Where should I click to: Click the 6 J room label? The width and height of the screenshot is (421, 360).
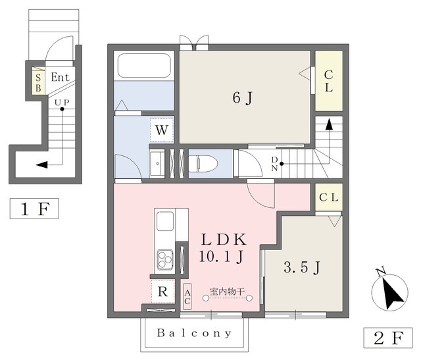click(243, 98)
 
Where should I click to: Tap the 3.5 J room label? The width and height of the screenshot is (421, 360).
click(302, 267)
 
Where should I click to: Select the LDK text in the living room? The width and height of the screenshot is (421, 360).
click(224, 240)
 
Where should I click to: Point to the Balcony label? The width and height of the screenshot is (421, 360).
click(194, 333)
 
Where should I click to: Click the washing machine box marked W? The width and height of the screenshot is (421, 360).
click(162, 130)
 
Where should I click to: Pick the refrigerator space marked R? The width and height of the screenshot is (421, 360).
click(162, 291)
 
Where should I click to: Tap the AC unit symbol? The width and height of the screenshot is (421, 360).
click(187, 297)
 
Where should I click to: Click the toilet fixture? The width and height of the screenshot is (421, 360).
click(203, 163)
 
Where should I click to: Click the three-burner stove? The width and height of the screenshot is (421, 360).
click(165, 259)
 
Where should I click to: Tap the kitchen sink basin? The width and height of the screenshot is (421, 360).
click(165, 221)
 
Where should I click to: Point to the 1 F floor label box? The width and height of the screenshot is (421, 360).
click(34, 209)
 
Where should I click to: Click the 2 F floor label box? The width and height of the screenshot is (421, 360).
click(388, 338)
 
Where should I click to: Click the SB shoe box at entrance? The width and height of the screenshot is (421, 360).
click(38, 80)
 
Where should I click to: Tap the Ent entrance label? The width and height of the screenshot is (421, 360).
click(60, 78)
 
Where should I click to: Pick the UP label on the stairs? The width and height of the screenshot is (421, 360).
click(62, 103)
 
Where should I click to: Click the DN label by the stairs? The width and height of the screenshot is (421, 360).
click(274, 164)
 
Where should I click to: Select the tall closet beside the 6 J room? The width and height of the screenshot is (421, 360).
click(329, 81)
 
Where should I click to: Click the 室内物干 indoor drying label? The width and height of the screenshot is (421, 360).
click(227, 291)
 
